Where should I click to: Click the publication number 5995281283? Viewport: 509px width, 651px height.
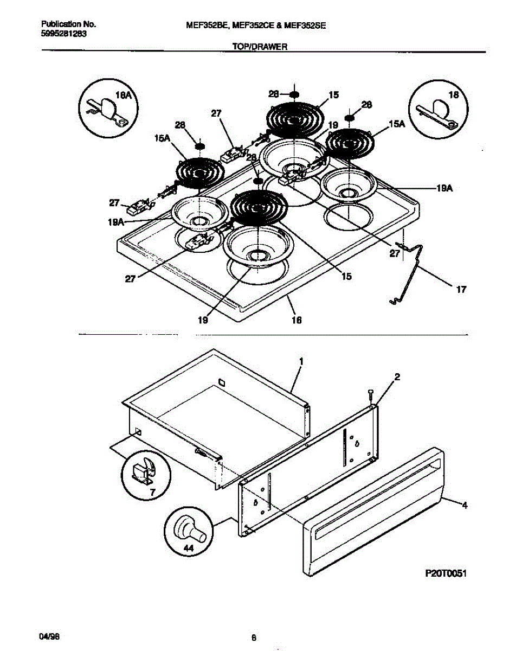tap(64, 34)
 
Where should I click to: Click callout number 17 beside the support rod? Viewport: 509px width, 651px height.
tap(461, 290)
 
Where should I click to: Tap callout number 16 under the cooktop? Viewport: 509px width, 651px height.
tap(296, 321)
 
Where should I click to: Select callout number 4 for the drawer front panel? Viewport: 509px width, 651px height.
tap(464, 506)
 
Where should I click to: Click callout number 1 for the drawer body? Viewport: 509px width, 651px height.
tap(301, 361)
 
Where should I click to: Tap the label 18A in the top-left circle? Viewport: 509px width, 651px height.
tap(125, 95)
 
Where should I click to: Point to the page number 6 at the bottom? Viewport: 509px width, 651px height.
tap(254, 638)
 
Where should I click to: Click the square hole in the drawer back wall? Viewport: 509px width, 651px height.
tap(220, 382)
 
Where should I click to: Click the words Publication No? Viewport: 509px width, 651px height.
tap(69, 25)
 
